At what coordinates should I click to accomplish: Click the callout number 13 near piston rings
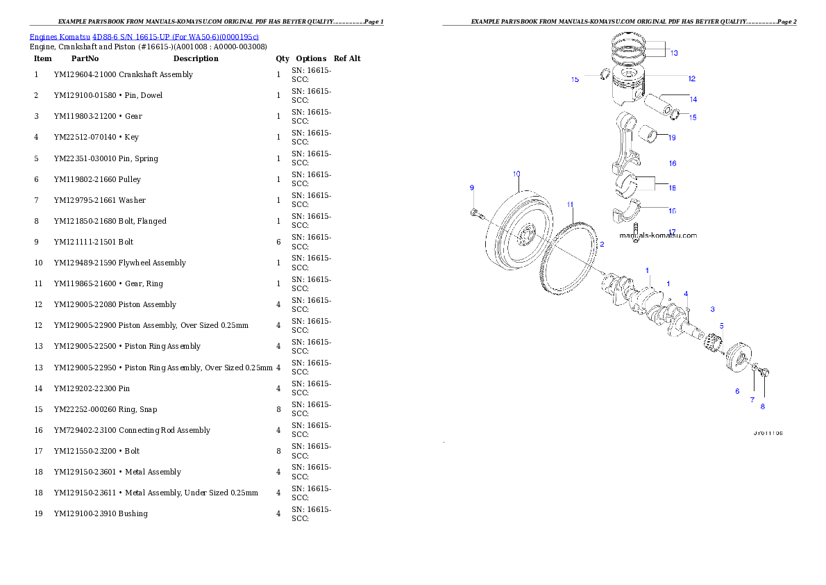click(x=673, y=53)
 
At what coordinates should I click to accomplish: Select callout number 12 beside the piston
click(x=691, y=79)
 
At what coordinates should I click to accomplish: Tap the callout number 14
click(x=693, y=99)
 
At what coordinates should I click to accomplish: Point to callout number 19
click(x=671, y=138)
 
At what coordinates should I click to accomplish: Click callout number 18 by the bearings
click(x=671, y=188)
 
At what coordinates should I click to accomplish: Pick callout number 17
click(x=671, y=232)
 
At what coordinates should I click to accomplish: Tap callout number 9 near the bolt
click(x=471, y=188)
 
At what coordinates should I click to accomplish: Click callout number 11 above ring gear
click(x=570, y=204)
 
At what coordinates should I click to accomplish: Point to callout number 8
click(x=762, y=406)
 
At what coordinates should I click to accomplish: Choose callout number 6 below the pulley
click(x=737, y=391)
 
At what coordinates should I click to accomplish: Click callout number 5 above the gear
click(x=720, y=325)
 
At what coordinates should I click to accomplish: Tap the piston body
click(x=632, y=87)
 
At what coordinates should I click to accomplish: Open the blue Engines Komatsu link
click(x=144, y=37)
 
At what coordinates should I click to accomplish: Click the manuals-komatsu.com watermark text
click(x=658, y=236)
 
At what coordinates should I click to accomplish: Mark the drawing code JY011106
click(x=768, y=433)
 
